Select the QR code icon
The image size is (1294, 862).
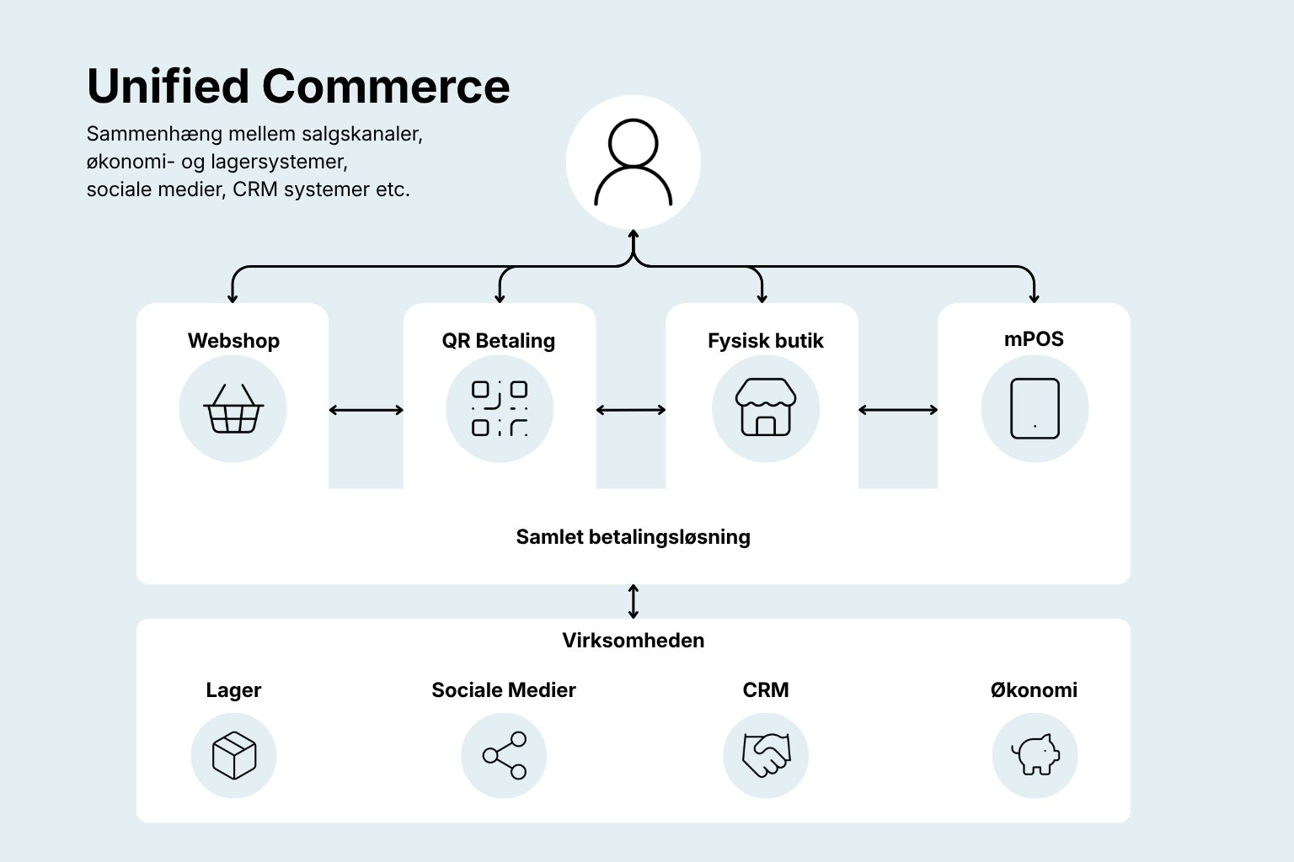click(x=500, y=408)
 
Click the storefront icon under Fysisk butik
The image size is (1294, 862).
click(x=766, y=407)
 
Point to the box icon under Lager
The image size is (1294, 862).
click(x=234, y=756)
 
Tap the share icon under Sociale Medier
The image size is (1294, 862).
click(x=505, y=755)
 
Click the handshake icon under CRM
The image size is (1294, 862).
click(x=766, y=755)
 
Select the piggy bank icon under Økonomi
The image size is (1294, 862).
click(x=1035, y=754)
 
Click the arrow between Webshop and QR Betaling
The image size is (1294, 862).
click(x=366, y=410)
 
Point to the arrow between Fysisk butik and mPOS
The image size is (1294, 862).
click(x=898, y=410)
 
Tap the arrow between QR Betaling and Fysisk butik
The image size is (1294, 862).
click(x=631, y=410)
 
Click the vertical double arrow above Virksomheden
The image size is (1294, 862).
click(x=634, y=602)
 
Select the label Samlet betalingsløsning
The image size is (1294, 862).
click(x=634, y=537)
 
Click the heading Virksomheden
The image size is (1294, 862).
click(x=634, y=641)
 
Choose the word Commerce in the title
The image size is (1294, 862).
click(x=386, y=86)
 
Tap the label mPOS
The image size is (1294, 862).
click(x=1034, y=339)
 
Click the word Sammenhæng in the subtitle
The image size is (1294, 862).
click(x=154, y=134)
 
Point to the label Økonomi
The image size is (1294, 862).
click(x=1034, y=690)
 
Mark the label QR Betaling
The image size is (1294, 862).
click(x=499, y=341)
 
